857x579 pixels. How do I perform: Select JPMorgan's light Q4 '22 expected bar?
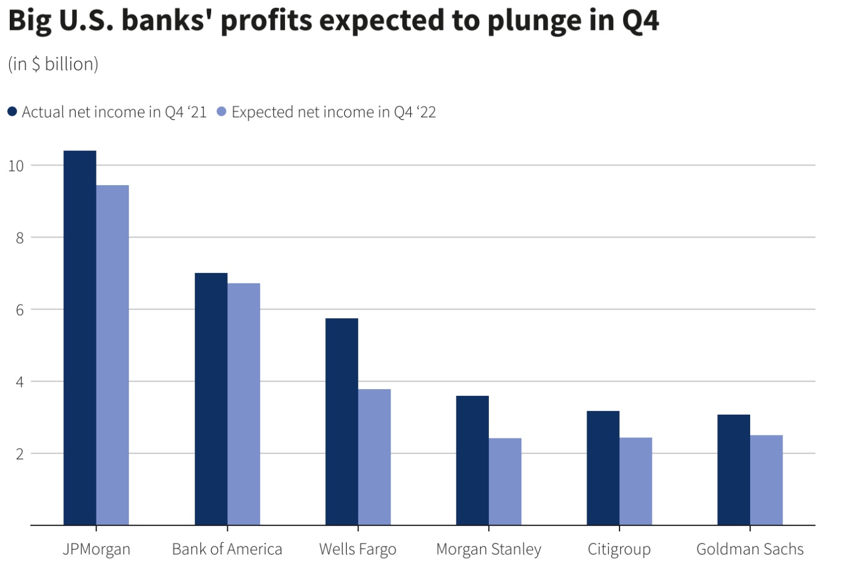[113, 355]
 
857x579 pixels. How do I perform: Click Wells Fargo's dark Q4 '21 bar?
[342, 421]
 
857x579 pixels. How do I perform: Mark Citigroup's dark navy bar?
[603, 468]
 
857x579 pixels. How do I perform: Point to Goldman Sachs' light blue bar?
[766, 480]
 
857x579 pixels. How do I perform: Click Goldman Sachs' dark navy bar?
[734, 470]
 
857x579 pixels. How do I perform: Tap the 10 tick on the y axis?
[16, 166]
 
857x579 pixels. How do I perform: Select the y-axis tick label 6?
[20, 310]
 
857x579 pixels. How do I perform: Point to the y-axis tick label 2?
[20, 454]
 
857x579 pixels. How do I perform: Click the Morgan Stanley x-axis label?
[488, 550]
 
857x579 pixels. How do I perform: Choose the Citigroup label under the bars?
[619, 550]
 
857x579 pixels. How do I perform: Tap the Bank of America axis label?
[227, 550]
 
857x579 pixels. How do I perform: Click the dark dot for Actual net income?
[12, 112]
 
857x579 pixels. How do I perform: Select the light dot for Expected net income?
[222, 112]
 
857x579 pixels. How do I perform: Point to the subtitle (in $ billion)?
[53, 64]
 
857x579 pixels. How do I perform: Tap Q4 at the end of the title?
[640, 21]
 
